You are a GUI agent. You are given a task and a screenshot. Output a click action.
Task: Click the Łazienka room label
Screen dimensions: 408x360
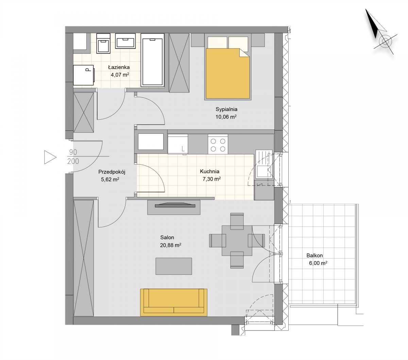(119, 67)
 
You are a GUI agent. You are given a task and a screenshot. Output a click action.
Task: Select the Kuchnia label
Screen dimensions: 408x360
(209, 172)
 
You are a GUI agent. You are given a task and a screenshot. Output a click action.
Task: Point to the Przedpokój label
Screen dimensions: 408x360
(112, 172)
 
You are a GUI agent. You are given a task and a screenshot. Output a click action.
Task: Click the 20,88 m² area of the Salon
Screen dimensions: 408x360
(171, 245)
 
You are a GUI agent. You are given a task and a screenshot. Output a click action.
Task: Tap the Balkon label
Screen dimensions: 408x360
(314, 255)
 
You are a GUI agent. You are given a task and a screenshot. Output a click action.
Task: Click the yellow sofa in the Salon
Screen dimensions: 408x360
(174, 303)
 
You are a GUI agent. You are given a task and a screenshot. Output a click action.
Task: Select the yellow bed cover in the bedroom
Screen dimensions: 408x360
(228, 74)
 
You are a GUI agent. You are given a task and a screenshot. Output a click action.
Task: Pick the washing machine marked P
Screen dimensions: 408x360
(84, 75)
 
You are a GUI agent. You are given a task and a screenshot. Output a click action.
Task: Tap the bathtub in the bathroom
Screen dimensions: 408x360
(152, 60)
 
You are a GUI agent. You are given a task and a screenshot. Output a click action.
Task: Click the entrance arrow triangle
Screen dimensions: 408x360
(50, 157)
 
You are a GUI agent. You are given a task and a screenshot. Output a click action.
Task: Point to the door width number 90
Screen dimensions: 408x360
(73, 152)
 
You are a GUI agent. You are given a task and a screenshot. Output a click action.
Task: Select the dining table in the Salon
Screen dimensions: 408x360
(237, 241)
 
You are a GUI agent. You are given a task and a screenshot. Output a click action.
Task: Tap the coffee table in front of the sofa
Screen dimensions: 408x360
(174, 266)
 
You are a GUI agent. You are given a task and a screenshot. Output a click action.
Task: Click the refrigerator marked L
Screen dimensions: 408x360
(177, 144)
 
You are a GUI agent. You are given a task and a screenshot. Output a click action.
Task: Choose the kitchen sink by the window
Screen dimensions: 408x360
(264, 164)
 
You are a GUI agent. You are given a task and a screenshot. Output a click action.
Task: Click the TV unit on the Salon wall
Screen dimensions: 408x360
(174, 207)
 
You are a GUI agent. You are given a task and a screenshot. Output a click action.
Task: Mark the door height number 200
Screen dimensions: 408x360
(73, 161)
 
